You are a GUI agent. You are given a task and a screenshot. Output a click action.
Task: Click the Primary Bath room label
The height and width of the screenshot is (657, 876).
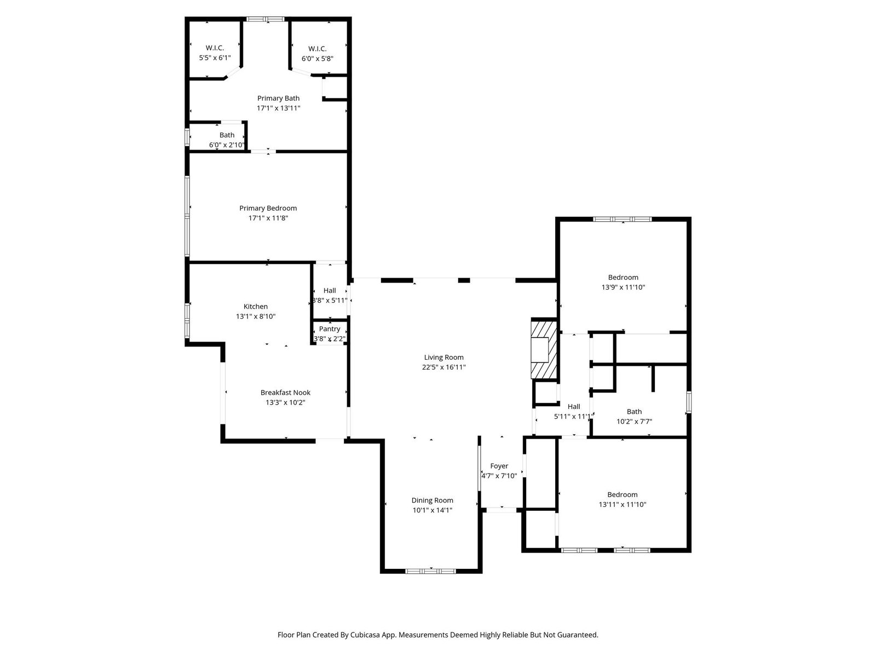pyautogui.click(x=278, y=98)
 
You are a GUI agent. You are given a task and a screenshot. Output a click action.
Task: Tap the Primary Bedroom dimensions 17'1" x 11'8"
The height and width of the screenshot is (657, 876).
pyautogui.click(x=268, y=218)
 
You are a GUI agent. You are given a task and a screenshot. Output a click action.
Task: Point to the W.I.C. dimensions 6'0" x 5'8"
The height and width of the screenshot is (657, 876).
pyautogui.click(x=317, y=59)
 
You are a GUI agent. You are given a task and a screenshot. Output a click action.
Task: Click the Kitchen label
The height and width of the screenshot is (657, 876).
pyautogui.click(x=256, y=307)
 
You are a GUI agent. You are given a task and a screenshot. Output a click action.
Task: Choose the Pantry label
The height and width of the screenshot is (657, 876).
pyautogui.click(x=330, y=328)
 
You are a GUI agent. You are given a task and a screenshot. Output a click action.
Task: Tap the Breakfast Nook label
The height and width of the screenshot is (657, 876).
pyautogui.click(x=285, y=393)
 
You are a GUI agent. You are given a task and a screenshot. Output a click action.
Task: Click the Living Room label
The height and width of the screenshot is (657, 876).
pyautogui.click(x=444, y=358)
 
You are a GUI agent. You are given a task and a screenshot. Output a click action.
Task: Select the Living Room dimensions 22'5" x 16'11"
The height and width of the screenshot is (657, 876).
pyautogui.click(x=444, y=367)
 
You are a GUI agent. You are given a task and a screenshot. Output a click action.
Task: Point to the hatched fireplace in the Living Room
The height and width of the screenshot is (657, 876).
pyautogui.click(x=544, y=348)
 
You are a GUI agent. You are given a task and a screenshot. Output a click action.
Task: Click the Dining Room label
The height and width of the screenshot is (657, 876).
pyautogui.click(x=432, y=500)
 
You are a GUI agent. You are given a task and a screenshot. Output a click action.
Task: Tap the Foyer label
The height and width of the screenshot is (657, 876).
pyautogui.click(x=499, y=466)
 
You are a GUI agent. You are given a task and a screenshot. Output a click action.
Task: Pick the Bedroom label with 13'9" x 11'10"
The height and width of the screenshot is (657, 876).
pyautogui.click(x=623, y=277)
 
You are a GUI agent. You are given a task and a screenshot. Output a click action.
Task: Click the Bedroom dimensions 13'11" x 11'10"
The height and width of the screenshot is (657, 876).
pyautogui.click(x=622, y=504)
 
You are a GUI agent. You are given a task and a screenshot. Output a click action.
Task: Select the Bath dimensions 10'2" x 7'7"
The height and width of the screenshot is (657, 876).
pyautogui.click(x=634, y=421)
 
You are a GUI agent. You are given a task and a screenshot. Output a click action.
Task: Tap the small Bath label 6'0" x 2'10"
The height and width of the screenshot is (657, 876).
pyautogui.click(x=227, y=135)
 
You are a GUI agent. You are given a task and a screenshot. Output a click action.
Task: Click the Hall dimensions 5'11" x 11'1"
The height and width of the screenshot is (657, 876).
pyautogui.click(x=574, y=417)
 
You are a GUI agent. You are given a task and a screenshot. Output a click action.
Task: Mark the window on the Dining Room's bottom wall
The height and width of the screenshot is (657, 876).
pyautogui.click(x=431, y=571)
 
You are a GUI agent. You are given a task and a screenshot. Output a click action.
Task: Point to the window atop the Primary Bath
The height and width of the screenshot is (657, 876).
pyautogui.click(x=265, y=19)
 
